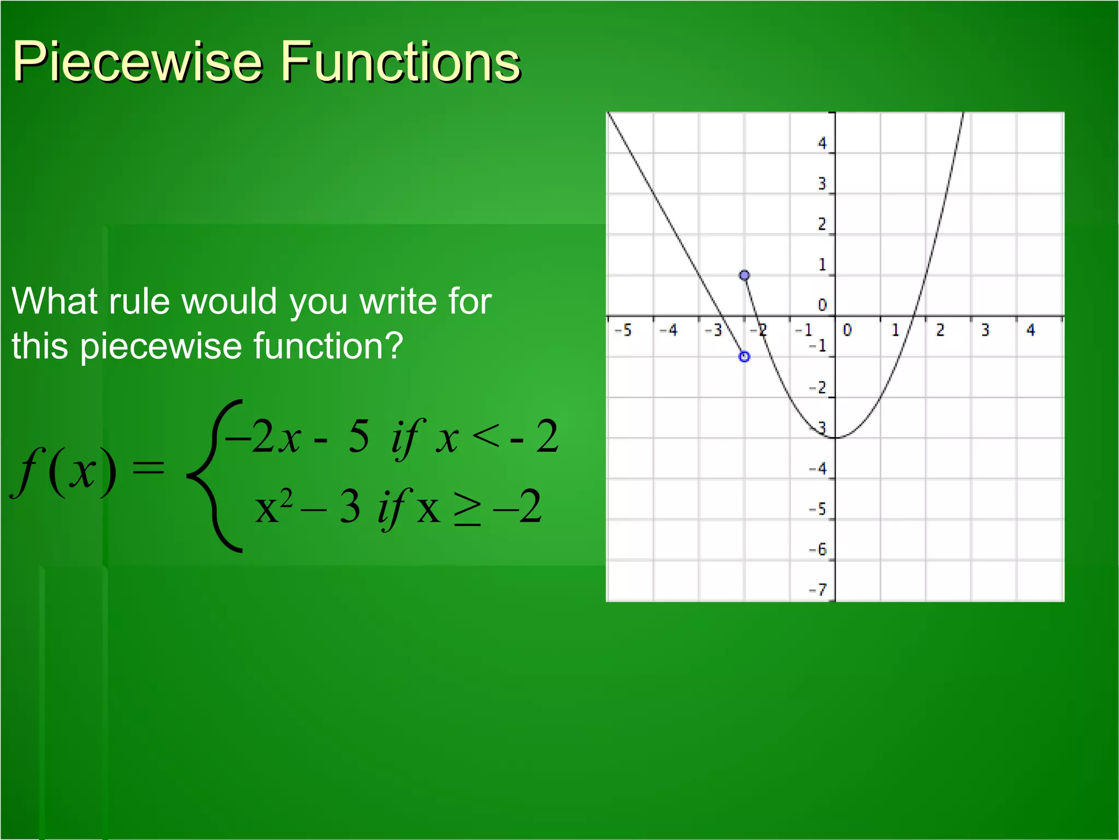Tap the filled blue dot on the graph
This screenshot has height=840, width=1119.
744,275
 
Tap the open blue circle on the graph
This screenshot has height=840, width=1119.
744,357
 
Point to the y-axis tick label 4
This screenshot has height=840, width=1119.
822,143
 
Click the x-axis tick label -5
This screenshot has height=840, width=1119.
623,330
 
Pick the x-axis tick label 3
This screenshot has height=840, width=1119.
985,330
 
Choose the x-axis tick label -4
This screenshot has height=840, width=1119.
668,330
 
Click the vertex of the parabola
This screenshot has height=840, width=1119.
835,437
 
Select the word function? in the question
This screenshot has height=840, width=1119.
327,347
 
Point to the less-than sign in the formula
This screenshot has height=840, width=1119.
486,436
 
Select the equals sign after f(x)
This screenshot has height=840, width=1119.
149,468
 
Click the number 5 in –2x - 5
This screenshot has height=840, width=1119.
359,436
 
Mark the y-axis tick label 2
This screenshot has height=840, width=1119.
822,224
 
